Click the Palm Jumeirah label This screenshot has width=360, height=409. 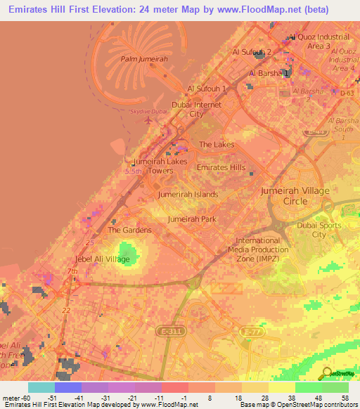144,60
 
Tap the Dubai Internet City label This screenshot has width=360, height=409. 197,109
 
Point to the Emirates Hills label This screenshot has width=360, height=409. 221,167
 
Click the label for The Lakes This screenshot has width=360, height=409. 217,144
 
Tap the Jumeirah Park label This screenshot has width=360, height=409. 192,219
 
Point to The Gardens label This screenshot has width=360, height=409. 129,230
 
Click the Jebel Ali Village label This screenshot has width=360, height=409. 103,259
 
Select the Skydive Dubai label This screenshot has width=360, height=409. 148,112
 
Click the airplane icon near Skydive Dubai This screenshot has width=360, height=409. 148,120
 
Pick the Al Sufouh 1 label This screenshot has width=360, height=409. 206,89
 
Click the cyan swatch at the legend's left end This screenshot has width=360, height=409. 41,387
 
